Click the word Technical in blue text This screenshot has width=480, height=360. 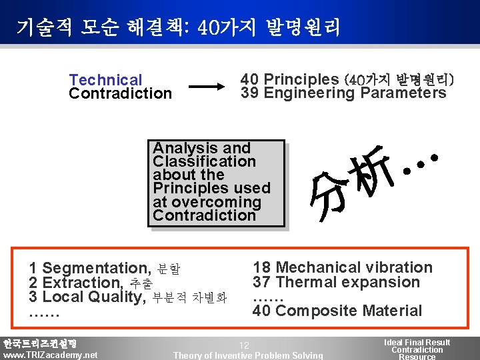tap(105, 80)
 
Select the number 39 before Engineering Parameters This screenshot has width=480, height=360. tap(249, 93)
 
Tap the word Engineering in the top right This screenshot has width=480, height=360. tap(309, 93)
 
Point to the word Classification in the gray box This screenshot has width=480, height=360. tap(204, 161)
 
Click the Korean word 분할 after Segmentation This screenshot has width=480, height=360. tap(169, 269)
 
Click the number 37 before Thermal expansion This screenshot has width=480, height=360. tap(261, 282)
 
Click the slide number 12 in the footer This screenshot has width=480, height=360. tap(244, 345)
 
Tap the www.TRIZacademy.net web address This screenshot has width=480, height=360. tap(50, 355)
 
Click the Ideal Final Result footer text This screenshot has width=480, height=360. tap(417, 342)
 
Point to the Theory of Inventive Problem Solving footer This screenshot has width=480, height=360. tap(248, 355)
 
